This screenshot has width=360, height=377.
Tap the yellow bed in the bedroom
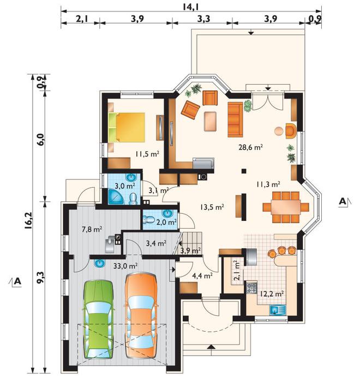click(x=127, y=128)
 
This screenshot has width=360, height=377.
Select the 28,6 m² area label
click(x=250, y=147)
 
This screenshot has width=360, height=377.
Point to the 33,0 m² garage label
click(x=125, y=266)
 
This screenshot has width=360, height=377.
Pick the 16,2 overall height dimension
click(x=28, y=223)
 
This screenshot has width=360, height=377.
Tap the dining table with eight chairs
click(x=285, y=207)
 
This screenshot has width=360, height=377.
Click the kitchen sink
click(x=277, y=310)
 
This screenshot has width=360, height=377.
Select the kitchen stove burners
click(x=251, y=288)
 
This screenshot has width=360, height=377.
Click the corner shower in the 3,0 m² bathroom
click(x=116, y=196)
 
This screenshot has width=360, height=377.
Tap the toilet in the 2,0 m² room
click(x=148, y=219)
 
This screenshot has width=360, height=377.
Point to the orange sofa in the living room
click(x=235, y=119)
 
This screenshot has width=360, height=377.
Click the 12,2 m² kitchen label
click(x=272, y=294)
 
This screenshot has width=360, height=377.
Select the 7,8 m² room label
click(x=92, y=229)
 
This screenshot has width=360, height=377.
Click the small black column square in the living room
click(x=244, y=171)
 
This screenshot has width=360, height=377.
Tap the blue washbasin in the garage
click(x=100, y=263)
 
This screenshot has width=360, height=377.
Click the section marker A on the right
click(x=342, y=201)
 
